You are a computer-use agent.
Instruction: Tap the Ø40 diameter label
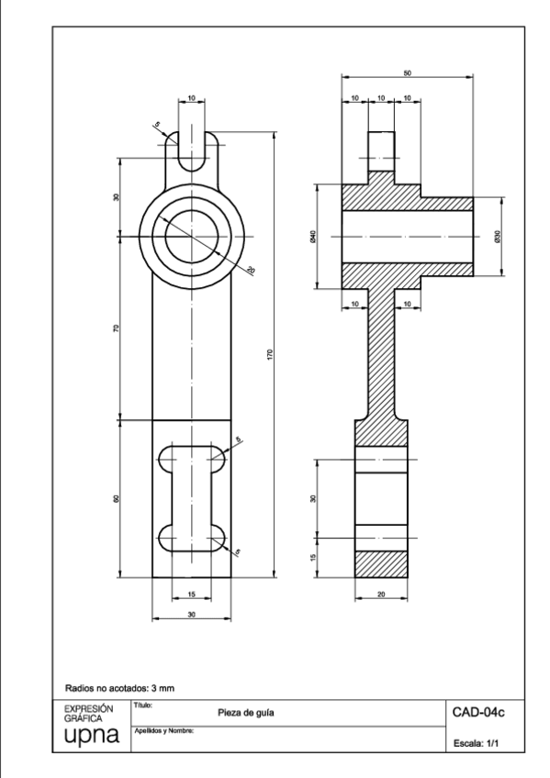pyautogui.click(x=313, y=236)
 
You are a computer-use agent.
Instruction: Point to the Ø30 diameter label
pyautogui.click(x=497, y=236)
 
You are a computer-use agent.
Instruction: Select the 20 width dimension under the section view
pyautogui.click(x=381, y=595)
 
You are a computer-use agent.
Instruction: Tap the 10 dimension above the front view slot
pyautogui.click(x=191, y=96)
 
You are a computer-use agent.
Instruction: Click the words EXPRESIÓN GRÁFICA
pyautogui.click(x=88, y=713)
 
